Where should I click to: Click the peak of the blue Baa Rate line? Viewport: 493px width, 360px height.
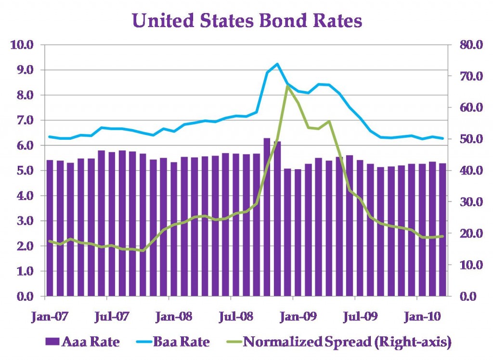[x=277, y=64]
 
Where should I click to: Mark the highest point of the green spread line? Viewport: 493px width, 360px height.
[x=287, y=86]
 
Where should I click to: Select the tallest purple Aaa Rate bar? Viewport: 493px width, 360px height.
[x=267, y=217]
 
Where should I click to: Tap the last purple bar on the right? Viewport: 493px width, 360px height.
[x=442, y=229]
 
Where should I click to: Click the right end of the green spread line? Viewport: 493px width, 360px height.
[x=442, y=236]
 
